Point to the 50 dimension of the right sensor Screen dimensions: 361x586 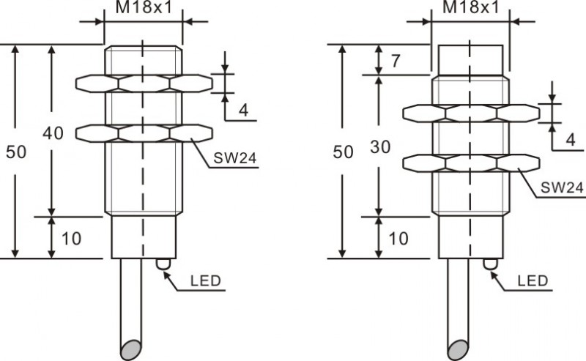pyautogui.click(x=343, y=152)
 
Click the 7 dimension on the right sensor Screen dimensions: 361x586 pyautogui.click(x=396, y=62)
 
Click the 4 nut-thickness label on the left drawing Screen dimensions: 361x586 pyautogui.click(x=243, y=111)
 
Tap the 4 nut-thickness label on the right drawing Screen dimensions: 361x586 pyautogui.click(x=569, y=141)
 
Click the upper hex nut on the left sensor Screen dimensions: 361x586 pyautogui.click(x=144, y=83)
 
